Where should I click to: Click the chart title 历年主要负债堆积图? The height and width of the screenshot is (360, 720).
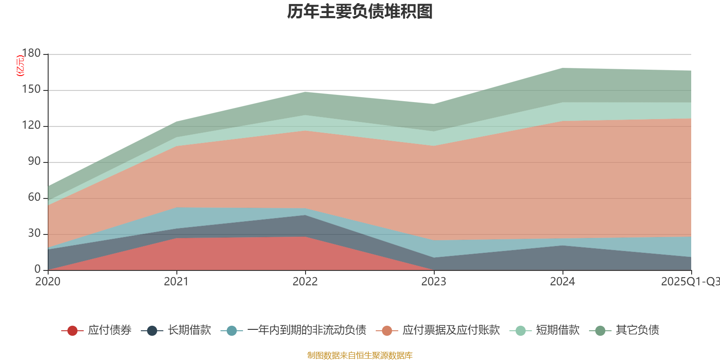click(360, 12)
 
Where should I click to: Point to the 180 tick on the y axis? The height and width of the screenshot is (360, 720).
click(31, 53)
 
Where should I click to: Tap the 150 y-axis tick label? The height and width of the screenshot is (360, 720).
click(31, 90)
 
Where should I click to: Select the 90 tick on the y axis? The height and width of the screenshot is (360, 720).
click(34, 162)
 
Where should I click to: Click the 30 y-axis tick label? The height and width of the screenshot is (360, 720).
click(34, 234)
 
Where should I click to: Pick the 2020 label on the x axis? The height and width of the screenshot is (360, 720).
click(48, 282)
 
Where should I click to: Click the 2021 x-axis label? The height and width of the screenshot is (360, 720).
click(176, 282)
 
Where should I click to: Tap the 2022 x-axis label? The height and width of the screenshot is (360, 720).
click(305, 282)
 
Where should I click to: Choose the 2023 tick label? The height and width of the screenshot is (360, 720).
click(434, 282)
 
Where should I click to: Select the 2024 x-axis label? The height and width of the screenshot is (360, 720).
click(562, 282)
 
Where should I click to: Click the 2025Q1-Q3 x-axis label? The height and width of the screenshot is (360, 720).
click(689, 282)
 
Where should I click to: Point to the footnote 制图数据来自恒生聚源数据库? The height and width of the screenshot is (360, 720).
click(360, 355)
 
